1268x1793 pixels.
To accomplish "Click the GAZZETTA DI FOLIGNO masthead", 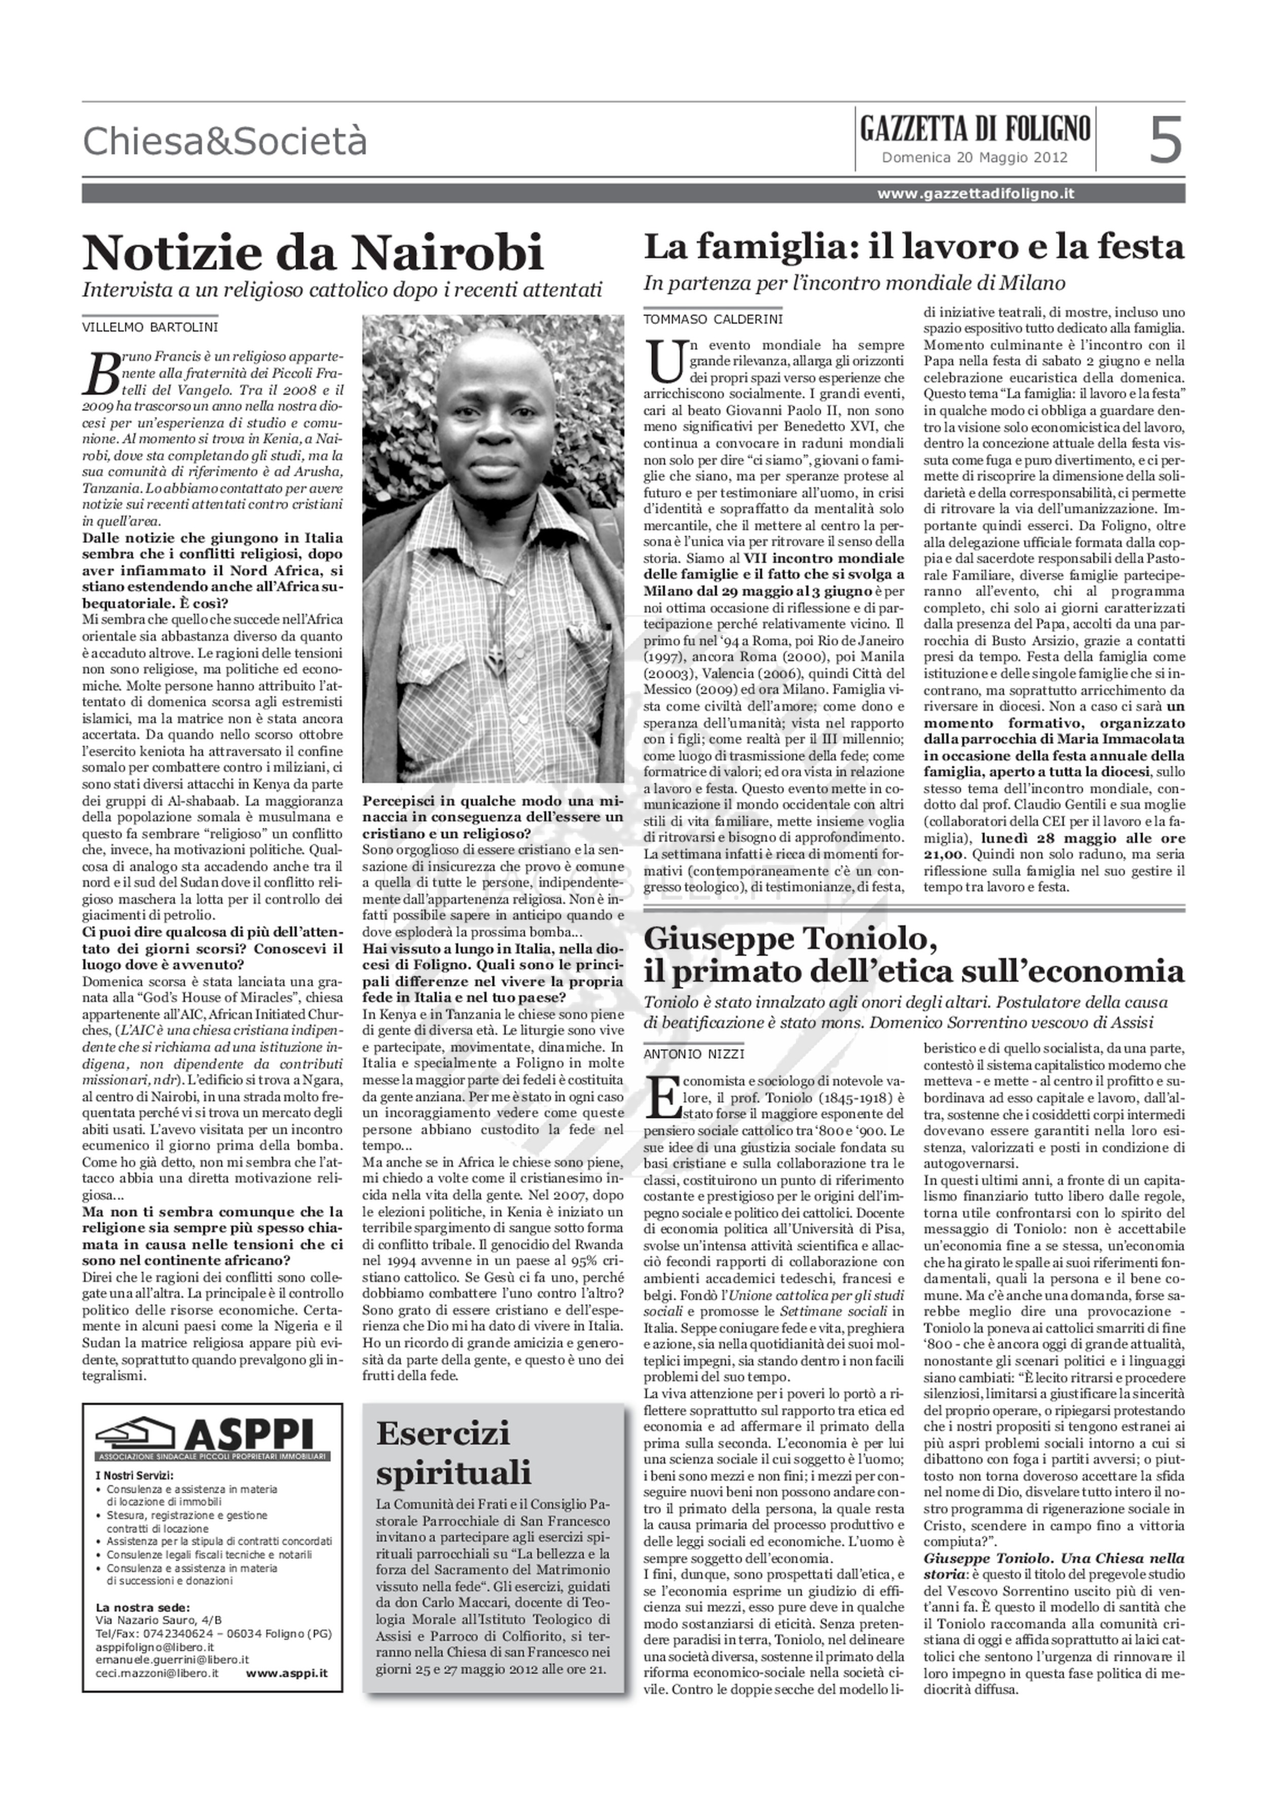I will [975, 127].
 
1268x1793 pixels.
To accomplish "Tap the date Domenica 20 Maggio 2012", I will [974, 157].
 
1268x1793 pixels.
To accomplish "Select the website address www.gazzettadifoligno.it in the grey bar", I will [975, 194].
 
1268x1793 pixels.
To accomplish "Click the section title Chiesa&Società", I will [224, 141].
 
